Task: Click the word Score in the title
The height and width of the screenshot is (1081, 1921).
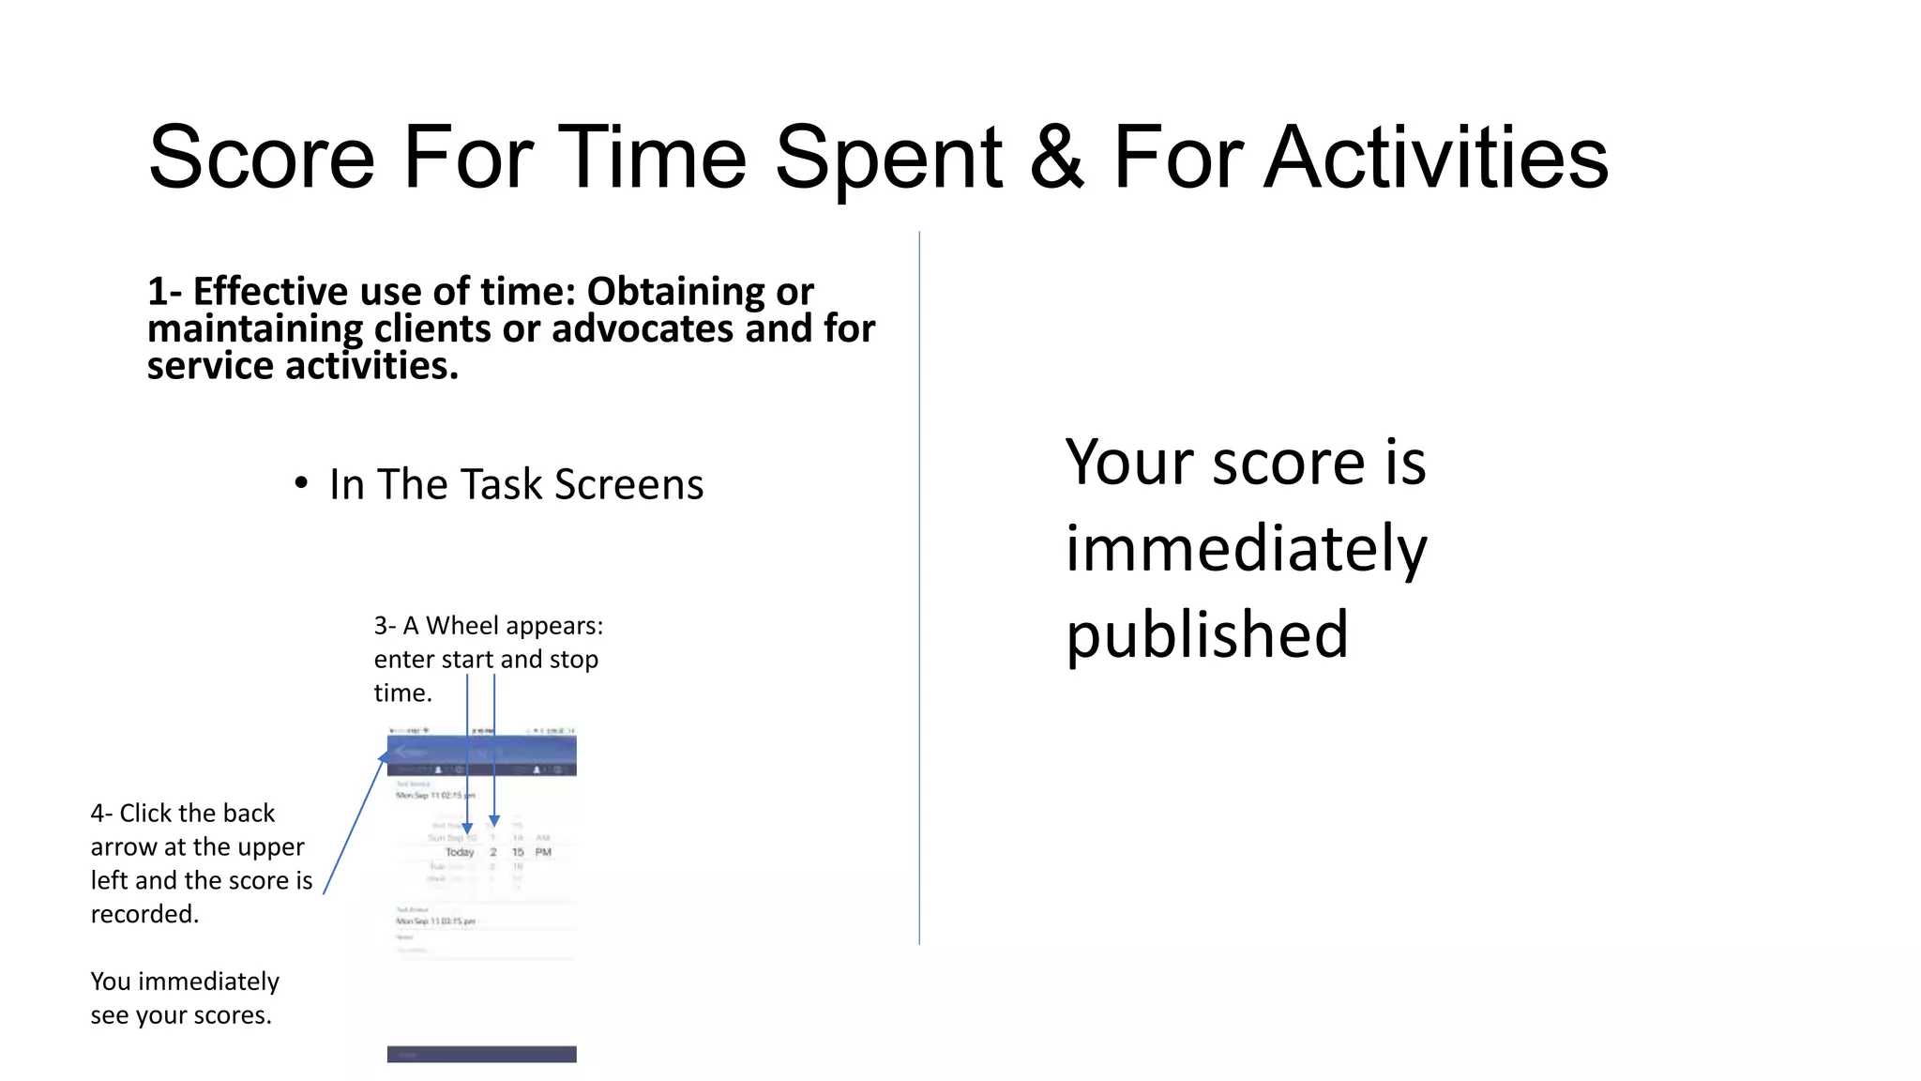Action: tap(261, 158)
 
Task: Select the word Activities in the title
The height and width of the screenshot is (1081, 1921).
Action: tap(1436, 158)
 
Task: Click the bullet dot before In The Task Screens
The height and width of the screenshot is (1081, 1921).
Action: tap(300, 484)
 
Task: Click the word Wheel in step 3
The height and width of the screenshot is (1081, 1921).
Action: tap(459, 626)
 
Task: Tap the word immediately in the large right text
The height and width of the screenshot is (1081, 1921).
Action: tap(1246, 549)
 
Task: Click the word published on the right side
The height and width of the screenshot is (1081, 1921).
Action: tap(1206, 635)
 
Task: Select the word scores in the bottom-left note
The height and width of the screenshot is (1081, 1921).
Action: tap(231, 1015)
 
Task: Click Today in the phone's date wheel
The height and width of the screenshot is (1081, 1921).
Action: tap(460, 852)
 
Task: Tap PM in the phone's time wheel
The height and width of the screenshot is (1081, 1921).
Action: tap(543, 852)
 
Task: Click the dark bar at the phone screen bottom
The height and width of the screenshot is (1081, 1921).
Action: tap(481, 1054)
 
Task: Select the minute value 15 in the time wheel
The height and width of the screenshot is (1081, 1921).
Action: tap(518, 852)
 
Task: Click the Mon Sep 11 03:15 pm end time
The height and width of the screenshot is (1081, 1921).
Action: tap(435, 921)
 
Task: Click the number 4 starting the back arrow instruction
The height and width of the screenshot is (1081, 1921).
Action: tap(97, 814)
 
